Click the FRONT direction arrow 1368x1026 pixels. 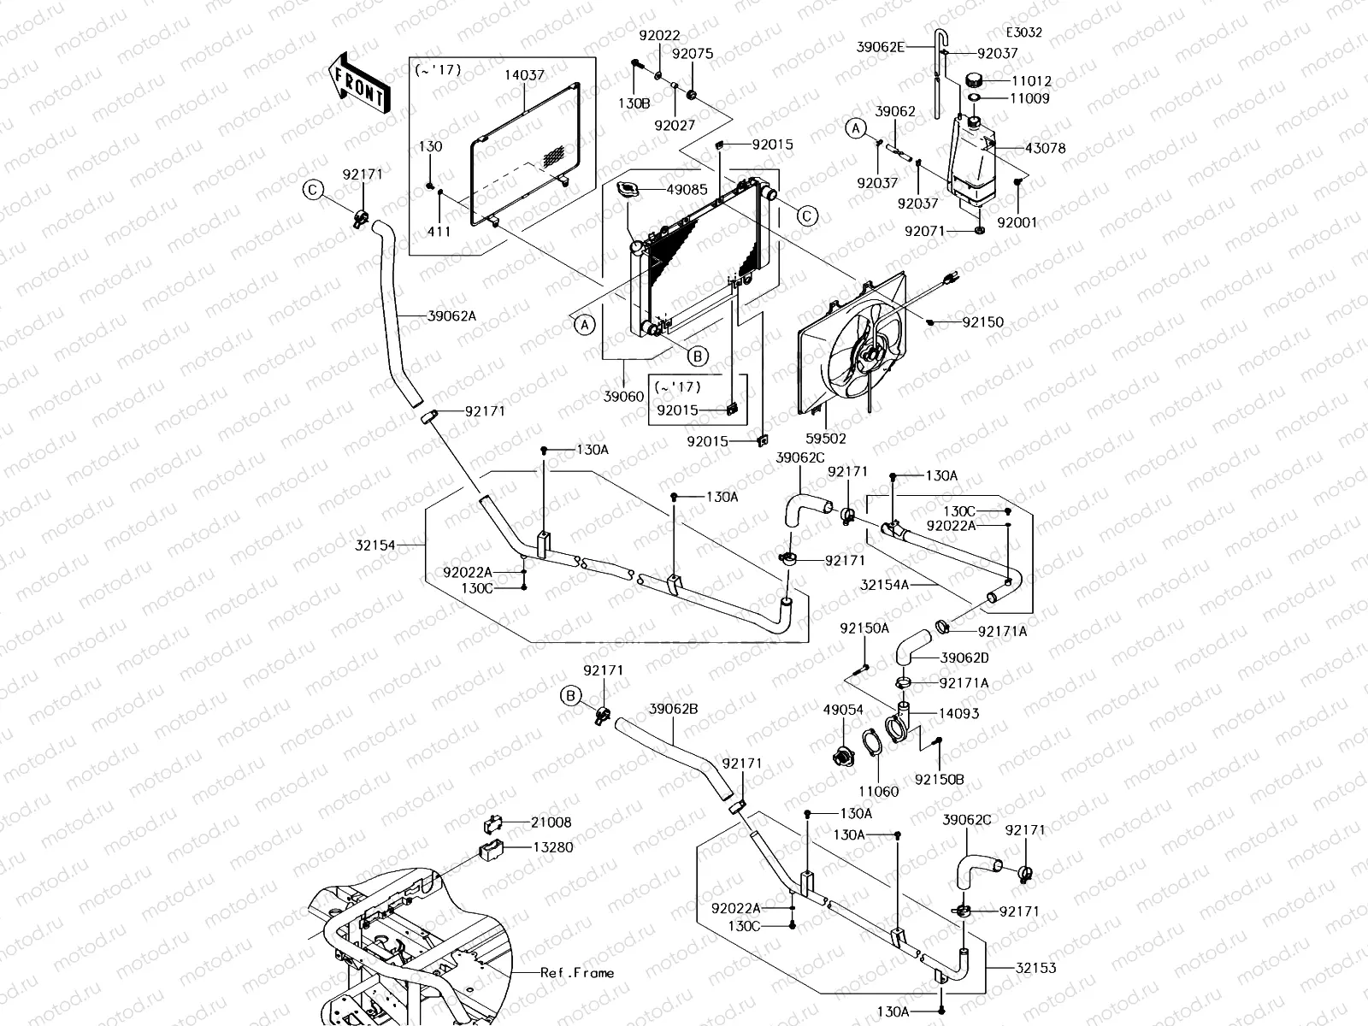(359, 83)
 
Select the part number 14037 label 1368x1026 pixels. (524, 74)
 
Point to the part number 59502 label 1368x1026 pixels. (826, 439)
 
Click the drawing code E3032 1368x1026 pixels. (1024, 32)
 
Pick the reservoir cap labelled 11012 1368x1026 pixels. (974, 80)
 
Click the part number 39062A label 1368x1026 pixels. (451, 316)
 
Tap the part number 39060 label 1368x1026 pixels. (623, 396)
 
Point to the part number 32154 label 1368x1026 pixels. (375, 545)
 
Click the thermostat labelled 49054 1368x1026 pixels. (843, 757)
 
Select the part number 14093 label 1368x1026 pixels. (959, 713)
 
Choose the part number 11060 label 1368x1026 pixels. (879, 792)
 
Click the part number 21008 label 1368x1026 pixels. (551, 823)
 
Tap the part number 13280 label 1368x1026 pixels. (553, 847)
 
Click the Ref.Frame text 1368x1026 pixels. (577, 972)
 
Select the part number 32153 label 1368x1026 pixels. (1035, 968)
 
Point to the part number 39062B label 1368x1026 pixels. (673, 709)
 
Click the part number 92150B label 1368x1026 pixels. (939, 779)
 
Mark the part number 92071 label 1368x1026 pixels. (925, 231)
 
